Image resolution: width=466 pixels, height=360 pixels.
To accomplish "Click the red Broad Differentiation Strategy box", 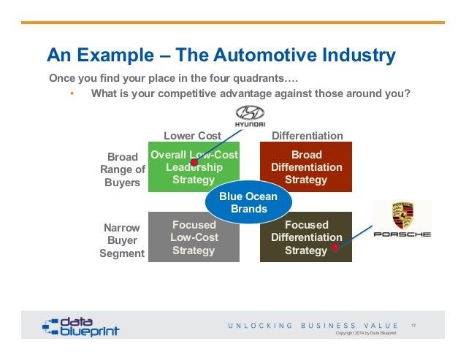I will point(306,167).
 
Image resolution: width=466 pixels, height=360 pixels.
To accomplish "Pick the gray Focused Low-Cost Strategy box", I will point(194,237).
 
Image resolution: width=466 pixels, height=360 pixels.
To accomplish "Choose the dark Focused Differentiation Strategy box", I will point(306,237).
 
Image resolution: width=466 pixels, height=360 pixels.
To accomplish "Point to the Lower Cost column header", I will point(192,136).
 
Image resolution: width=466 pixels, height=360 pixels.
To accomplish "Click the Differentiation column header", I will point(307,136).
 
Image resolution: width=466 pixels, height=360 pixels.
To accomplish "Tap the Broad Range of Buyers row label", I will point(123,169).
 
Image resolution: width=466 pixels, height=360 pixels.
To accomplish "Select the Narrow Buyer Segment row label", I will point(122,240).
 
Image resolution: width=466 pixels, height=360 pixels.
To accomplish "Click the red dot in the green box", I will point(194,162).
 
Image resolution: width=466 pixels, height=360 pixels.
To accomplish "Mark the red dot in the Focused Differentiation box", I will point(335,247).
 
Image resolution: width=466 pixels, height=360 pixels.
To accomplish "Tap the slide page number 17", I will point(414,325).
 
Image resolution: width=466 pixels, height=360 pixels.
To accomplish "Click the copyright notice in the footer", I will point(365,333).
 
